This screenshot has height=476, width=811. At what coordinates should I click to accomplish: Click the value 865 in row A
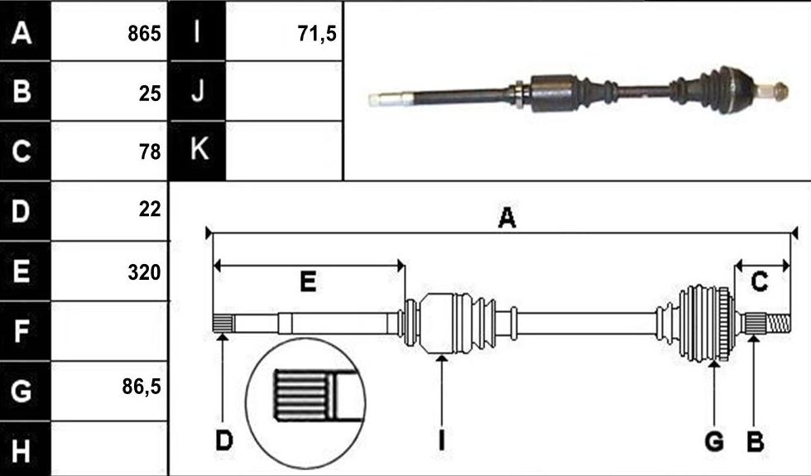coord(144,34)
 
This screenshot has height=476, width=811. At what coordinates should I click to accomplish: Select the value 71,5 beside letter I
coord(317,34)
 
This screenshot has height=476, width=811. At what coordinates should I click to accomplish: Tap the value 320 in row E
coord(144,272)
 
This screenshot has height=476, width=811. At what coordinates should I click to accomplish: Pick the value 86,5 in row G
coord(142,387)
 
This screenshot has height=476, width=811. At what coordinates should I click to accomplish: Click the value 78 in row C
coord(150,152)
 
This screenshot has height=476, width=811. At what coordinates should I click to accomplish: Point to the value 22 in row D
coord(150,209)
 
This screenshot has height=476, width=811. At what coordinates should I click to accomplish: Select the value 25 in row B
coord(150,93)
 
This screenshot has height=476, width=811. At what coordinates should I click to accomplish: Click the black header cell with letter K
coord(197,151)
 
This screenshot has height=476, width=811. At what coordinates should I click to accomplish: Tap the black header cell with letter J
coord(197,91)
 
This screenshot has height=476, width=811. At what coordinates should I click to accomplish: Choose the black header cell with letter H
coord(26,449)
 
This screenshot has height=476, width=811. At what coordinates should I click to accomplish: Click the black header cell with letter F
coord(26,331)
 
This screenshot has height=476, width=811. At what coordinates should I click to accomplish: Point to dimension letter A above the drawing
coord(506,217)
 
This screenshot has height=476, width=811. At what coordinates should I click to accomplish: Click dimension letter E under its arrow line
coord(308,282)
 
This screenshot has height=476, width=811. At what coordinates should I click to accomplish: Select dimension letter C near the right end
coord(759,282)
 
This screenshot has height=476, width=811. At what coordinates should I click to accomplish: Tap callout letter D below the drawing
coord(224,441)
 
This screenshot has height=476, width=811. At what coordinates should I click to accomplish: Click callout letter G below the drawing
coord(714,442)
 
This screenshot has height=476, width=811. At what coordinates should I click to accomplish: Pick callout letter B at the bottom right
coord(755,442)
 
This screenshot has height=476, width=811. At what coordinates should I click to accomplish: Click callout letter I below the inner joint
coord(441,441)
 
